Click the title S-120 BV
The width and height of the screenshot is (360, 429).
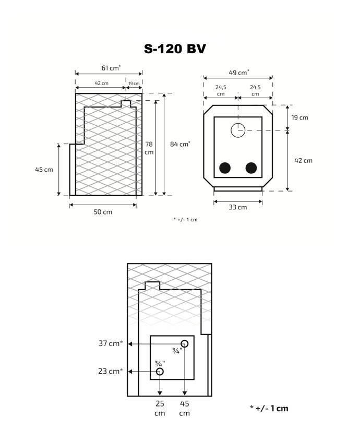[x=175, y=49]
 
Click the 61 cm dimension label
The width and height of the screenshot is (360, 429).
[x=111, y=67]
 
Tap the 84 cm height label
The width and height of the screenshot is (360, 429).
[x=180, y=144]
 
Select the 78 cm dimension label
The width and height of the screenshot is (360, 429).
[x=149, y=148]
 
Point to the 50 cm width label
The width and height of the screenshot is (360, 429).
[x=103, y=212]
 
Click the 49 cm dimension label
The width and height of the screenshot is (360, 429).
[x=239, y=73]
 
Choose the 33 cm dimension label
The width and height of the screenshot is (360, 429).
[x=238, y=207]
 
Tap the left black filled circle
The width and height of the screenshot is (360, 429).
[x=225, y=168]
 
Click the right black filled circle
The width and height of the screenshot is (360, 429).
[x=251, y=168]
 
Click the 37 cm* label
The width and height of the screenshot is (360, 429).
[x=111, y=343]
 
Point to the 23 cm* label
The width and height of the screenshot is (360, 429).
[x=111, y=371]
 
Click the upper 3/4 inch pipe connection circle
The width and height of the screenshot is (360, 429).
[x=185, y=340]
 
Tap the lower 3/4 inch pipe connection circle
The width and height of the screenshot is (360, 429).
[x=160, y=368]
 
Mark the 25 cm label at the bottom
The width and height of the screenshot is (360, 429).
[x=160, y=408]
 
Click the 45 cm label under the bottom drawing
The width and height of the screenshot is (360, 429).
[x=184, y=408]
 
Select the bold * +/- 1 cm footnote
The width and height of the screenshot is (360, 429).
[x=269, y=408]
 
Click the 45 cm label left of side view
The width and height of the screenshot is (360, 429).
[x=44, y=170]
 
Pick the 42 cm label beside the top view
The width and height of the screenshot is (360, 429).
[x=303, y=160]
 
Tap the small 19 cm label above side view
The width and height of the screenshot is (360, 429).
[x=134, y=84]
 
